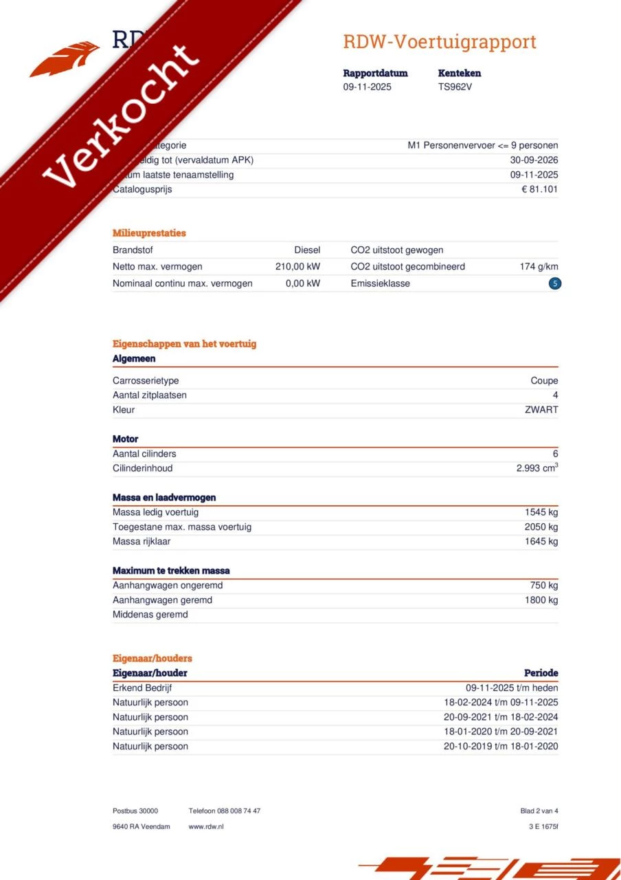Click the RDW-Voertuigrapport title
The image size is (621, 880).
[440, 42]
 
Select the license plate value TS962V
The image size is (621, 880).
[455, 87]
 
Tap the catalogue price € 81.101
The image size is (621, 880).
[539, 190]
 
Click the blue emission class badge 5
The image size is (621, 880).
[555, 283]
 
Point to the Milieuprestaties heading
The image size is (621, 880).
[149, 233]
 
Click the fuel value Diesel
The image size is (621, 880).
[307, 250]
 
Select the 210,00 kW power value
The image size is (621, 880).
[297, 267]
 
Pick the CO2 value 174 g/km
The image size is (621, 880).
[539, 267]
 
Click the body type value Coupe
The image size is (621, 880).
[544, 381]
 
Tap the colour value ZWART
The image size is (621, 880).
[541, 410]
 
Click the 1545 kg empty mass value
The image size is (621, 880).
[541, 512]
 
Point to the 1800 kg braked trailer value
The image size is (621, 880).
[541, 600]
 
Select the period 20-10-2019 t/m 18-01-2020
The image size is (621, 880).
[501, 747]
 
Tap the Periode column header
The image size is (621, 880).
[541, 673]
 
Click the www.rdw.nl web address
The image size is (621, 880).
[206, 826]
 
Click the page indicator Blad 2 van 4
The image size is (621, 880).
[539, 811]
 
